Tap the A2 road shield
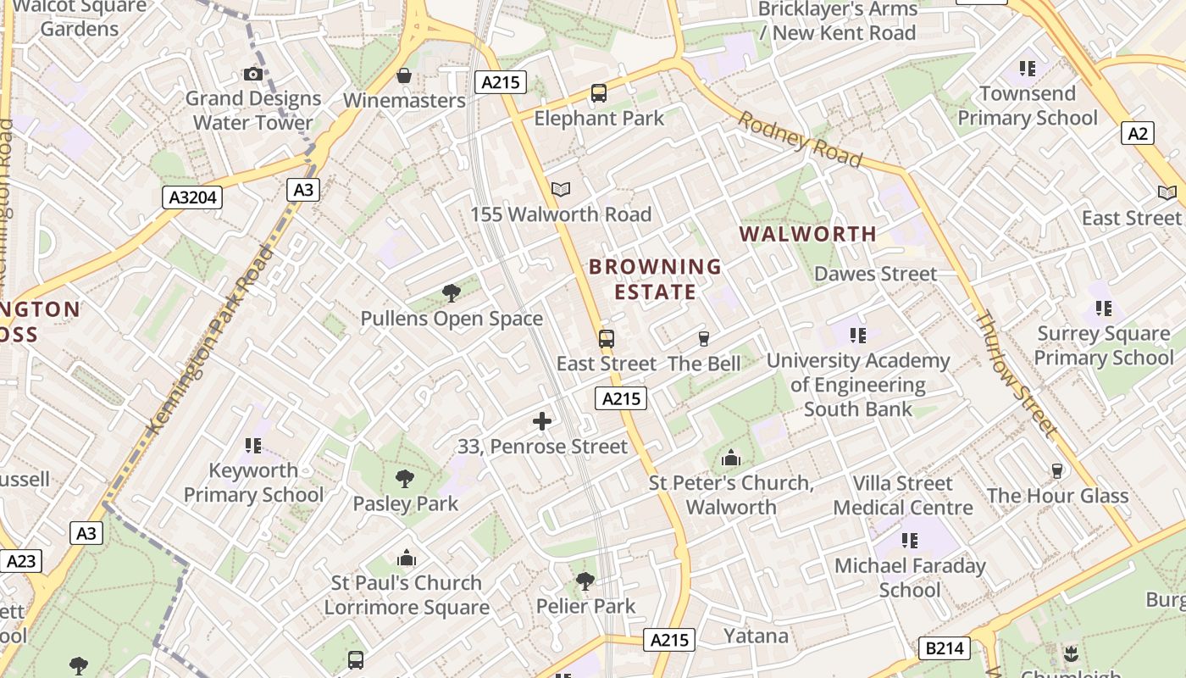[x=1138, y=133]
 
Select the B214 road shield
[x=944, y=649]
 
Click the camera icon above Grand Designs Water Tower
[x=252, y=75]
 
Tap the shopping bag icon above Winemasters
[x=404, y=75]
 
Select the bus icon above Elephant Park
[x=599, y=93]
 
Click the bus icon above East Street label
[x=607, y=339]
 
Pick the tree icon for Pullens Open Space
[x=452, y=293]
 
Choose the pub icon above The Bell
[x=703, y=339]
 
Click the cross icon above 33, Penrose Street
[x=542, y=421]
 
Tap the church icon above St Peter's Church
[x=731, y=458]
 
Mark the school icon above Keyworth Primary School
[x=253, y=445]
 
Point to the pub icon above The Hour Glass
[x=1056, y=470]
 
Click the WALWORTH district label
[x=808, y=234]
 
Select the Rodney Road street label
[x=799, y=139]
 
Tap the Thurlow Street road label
[x=1017, y=374]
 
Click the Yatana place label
[x=756, y=636]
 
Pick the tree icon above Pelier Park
[x=585, y=581]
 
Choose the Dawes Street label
[x=876, y=274]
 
